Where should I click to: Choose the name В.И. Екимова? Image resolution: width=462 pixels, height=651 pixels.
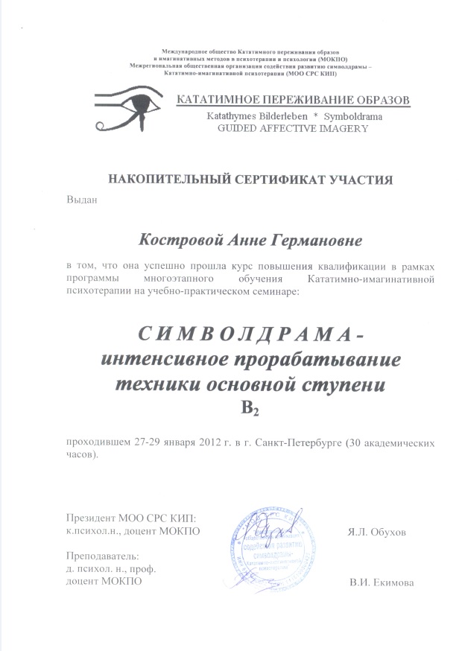pyautogui.click(x=382, y=582)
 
